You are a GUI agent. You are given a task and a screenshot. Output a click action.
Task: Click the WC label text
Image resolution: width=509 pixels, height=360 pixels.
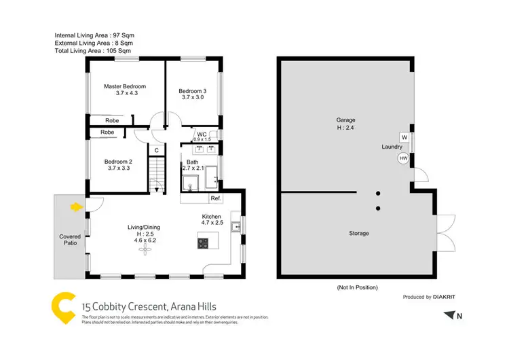[x=202, y=134]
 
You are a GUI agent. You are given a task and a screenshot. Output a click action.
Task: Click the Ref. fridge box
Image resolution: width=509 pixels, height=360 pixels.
[x=216, y=198]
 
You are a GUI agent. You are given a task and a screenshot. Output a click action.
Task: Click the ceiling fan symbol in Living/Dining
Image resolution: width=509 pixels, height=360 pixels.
[x=144, y=250]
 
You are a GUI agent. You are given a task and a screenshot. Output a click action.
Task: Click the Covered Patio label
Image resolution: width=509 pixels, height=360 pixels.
[x=70, y=240]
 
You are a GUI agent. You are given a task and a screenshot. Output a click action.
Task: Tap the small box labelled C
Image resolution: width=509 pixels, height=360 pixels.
[x=156, y=150]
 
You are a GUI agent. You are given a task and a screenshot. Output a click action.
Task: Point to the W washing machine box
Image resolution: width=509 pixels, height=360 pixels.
[x=404, y=137]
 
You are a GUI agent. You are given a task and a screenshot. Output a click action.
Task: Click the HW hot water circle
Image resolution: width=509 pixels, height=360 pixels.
[x=403, y=158]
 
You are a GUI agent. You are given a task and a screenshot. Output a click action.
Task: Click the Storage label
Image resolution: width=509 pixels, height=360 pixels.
[x=359, y=233]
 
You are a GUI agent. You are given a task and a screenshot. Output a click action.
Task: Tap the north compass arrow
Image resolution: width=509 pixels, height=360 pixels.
[x=449, y=314]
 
